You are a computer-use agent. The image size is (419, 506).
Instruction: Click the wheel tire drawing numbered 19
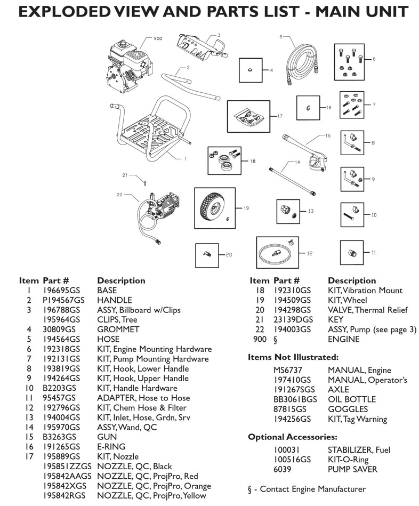pos(213,207)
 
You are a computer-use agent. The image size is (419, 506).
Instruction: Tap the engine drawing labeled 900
pos(125,63)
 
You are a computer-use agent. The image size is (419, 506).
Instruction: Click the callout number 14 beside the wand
pos(297,162)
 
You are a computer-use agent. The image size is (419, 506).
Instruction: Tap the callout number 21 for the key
pos(125,175)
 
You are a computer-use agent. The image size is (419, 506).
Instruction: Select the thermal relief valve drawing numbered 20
pos(206,254)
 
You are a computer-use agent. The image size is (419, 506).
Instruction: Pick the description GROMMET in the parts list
pos(118,330)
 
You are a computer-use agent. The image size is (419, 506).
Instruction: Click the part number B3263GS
pos(57,437)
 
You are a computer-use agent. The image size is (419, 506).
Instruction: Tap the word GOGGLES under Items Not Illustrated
pos(348,409)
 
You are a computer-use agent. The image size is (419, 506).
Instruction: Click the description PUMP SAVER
pos(352,469)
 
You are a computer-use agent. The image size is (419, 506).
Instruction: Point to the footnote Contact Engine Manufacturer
pos(307,489)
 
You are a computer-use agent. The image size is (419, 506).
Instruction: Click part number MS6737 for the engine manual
pos(287,370)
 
